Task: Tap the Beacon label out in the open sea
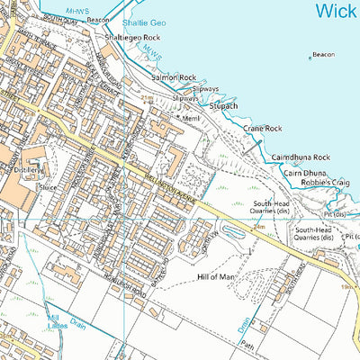tap(324, 55)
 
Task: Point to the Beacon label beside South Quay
tap(98, 19)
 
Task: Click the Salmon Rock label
tap(174, 78)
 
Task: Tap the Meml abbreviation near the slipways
tap(191, 118)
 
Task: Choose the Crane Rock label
tap(263, 129)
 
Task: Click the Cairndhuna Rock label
tap(301, 157)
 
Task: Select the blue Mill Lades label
tap(56, 322)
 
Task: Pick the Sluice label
tap(49, 187)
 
